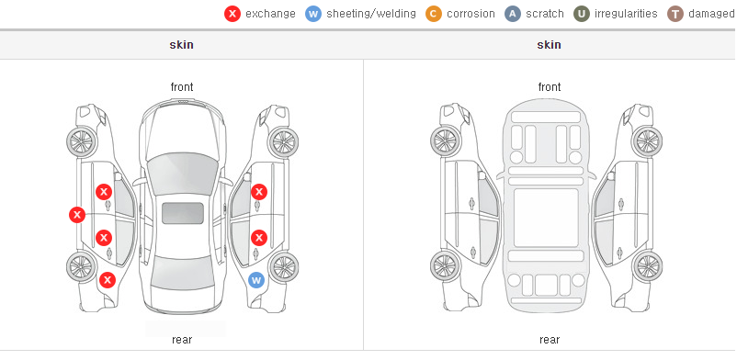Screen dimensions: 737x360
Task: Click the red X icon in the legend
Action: click(232, 14)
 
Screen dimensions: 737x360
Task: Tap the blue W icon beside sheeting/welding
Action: click(313, 14)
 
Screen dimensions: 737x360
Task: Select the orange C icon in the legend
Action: click(434, 14)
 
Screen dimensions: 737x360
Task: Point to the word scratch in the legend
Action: click(545, 14)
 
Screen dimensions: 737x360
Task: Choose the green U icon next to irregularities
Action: click(582, 14)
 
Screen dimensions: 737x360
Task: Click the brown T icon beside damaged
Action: click(675, 14)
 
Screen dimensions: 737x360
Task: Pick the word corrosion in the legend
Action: click(471, 14)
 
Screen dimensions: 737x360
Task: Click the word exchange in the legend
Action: click(270, 14)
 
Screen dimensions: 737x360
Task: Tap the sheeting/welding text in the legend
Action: click(371, 14)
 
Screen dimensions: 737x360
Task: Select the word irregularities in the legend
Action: click(626, 14)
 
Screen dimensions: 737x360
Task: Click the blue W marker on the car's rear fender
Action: click(256, 281)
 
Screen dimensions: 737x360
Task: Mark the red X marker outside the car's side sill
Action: click(77, 215)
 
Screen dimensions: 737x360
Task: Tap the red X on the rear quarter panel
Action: click(108, 280)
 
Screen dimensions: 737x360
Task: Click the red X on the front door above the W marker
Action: click(259, 192)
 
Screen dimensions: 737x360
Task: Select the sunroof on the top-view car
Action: click(183, 213)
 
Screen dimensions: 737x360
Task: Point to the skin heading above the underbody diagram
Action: click(549, 45)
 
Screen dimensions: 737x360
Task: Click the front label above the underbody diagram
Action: click(550, 87)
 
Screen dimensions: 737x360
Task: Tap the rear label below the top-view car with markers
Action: click(182, 340)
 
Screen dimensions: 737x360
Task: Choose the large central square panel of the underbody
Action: click(546, 218)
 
